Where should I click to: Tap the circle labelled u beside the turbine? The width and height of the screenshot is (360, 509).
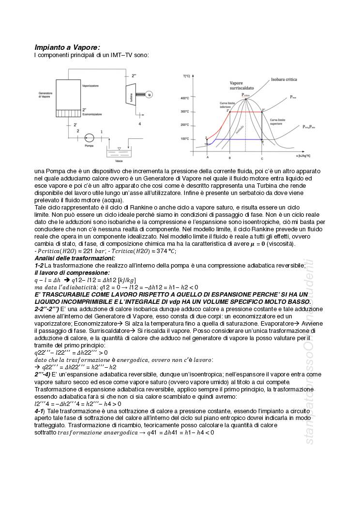pos(150,95)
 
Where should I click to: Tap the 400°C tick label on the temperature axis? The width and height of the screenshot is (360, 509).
pos(185,98)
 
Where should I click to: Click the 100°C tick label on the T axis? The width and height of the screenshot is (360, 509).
pos(185,139)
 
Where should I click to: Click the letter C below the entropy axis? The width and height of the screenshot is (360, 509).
pos(262,158)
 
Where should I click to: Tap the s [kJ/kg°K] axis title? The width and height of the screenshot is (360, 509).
pos(300,156)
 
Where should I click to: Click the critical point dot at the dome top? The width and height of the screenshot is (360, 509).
pos(246,99)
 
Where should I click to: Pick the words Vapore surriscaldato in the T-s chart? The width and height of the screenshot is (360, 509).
pos(240,86)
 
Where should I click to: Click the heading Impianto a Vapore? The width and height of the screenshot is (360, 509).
pos(67,47)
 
